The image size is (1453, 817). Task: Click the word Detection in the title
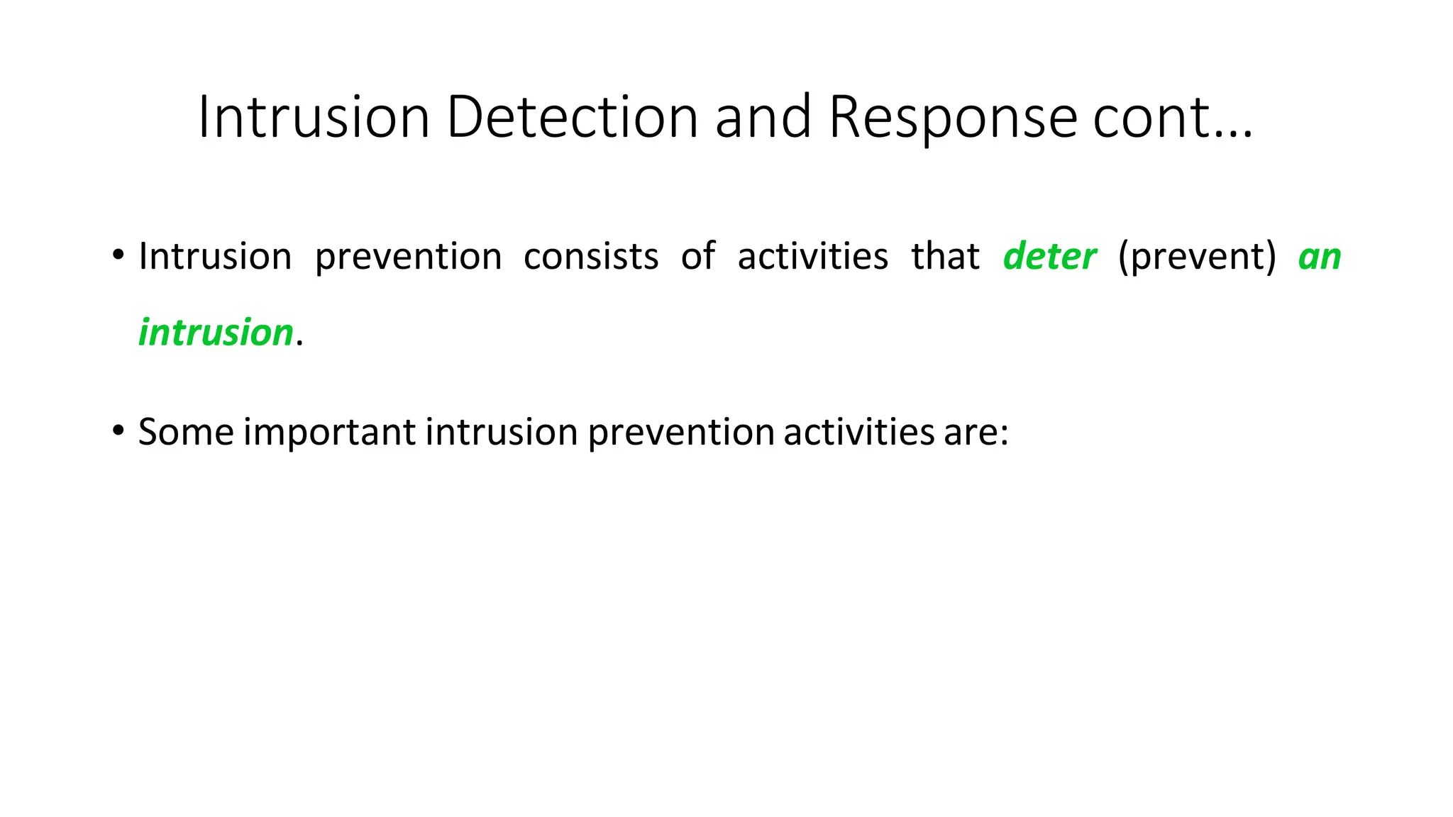(x=572, y=117)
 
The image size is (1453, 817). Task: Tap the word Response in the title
(x=953, y=117)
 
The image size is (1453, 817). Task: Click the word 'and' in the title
(x=763, y=117)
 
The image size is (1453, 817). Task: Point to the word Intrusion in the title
(x=314, y=117)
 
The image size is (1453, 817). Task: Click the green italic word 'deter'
(x=1049, y=256)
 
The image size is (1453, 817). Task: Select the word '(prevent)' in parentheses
(x=1197, y=256)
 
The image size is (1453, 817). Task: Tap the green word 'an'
(x=1320, y=257)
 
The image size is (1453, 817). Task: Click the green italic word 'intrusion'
(x=216, y=333)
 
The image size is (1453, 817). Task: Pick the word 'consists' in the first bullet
(x=591, y=256)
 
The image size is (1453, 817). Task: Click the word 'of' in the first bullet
(x=698, y=256)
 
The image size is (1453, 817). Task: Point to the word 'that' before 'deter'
(x=945, y=256)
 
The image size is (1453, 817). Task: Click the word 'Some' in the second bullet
(x=186, y=431)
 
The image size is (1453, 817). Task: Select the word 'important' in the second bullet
(x=329, y=432)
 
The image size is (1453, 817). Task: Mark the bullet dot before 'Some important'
(x=118, y=430)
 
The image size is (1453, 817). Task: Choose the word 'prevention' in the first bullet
(x=408, y=257)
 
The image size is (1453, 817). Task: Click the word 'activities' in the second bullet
(x=859, y=431)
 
